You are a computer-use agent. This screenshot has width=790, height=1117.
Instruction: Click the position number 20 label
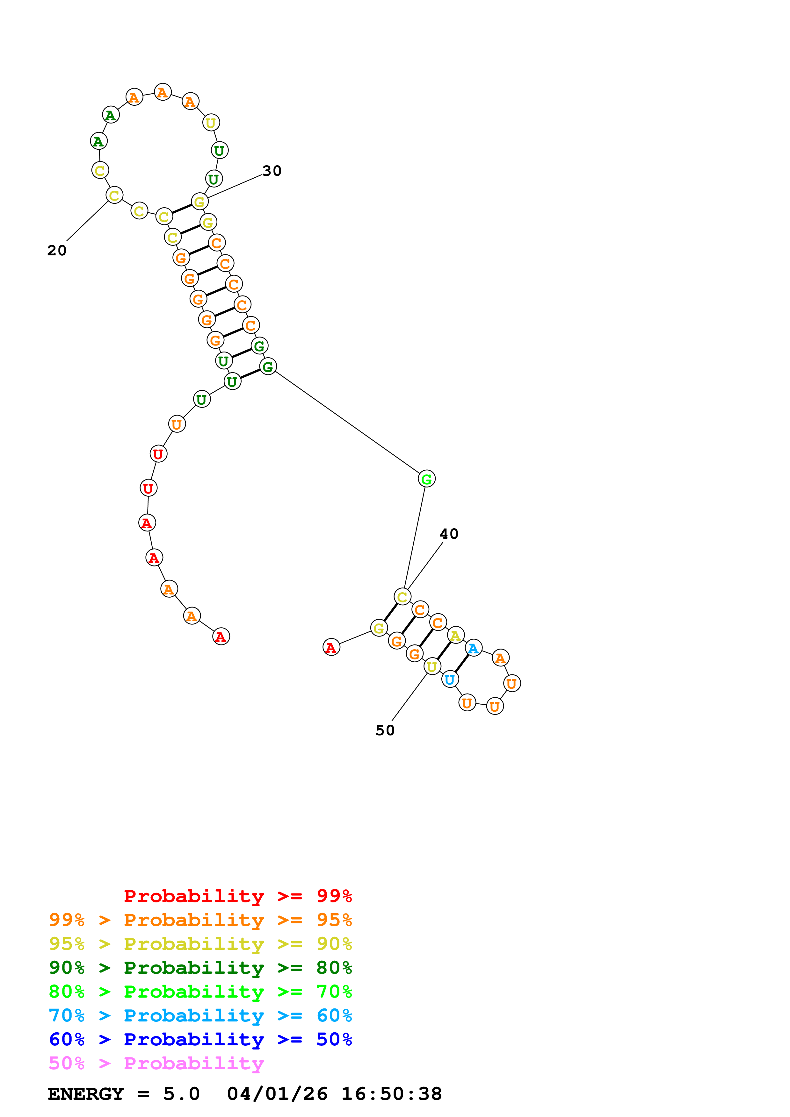56,251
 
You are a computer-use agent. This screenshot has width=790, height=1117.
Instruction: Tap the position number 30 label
272,171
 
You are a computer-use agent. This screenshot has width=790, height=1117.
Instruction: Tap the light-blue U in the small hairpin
450,679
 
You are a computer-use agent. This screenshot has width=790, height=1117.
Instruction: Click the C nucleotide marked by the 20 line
114,195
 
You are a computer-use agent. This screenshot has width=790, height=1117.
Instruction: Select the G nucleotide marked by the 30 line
199,202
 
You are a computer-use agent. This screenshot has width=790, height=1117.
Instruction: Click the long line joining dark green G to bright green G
347,422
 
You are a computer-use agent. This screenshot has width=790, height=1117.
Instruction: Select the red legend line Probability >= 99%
237,896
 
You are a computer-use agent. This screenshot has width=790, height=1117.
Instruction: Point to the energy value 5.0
181,1094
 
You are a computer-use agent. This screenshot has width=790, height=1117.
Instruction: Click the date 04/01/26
277,1094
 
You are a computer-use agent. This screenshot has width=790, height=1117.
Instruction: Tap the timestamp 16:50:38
391,1094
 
